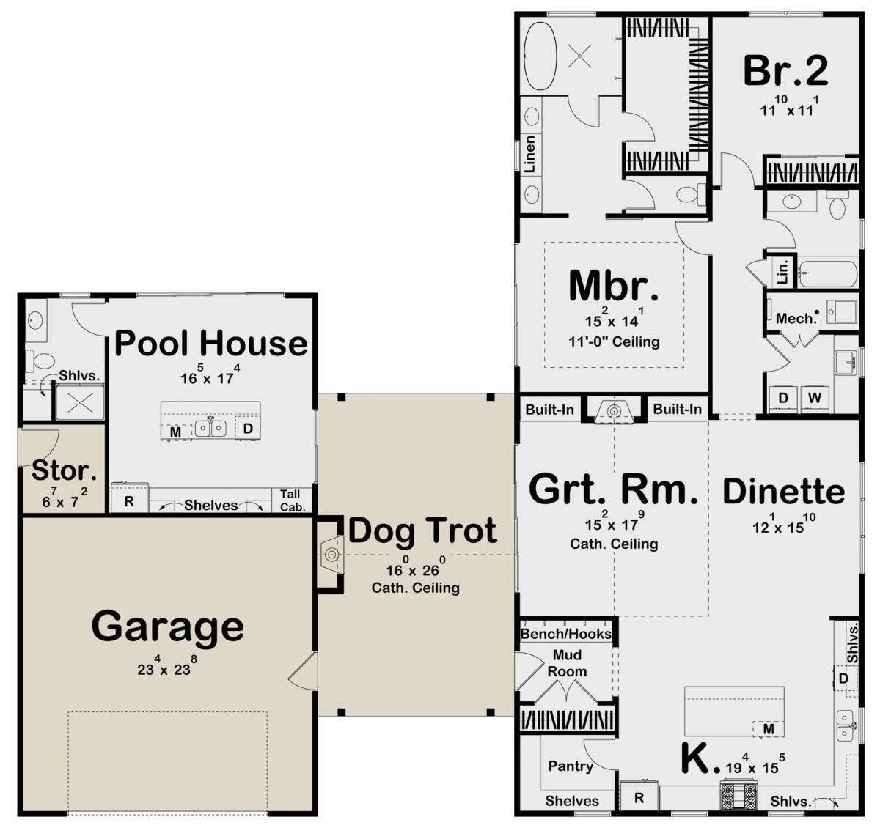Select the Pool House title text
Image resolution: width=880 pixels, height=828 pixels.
click(x=211, y=343)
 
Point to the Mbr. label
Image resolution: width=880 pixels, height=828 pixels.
click(x=614, y=286)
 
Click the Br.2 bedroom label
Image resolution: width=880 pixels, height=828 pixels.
click(x=785, y=70)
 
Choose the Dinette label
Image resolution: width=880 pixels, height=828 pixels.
click(x=784, y=492)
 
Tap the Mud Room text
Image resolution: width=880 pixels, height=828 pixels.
click(x=567, y=663)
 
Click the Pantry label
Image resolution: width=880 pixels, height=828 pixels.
click(x=571, y=766)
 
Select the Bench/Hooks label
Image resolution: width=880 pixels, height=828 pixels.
click(x=566, y=634)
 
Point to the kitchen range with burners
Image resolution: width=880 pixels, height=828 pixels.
click(x=738, y=796)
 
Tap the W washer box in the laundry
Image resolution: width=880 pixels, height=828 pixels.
click(x=815, y=398)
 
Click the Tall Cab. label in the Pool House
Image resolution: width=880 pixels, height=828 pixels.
click(x=293, y=500)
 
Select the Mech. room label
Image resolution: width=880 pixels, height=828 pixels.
click(x=796, y=318)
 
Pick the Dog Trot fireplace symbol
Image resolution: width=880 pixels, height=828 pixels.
click(x=333, y=554)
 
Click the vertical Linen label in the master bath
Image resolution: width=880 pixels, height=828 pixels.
click(x=530, y=154)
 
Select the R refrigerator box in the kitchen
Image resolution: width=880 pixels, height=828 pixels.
click(x=639, y=797)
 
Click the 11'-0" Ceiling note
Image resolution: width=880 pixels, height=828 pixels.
click(x=614, y=342)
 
